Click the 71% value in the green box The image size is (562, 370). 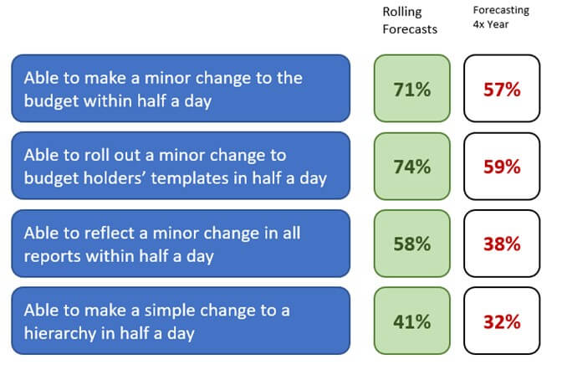click(411, 90)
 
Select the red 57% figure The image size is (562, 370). click(502, 90)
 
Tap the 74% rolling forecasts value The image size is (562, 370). click(411, 167)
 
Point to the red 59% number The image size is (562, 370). click(502, 167)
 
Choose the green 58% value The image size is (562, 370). click(411, 244)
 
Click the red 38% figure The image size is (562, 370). click(502, 244)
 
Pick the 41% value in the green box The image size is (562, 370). click(411, 321)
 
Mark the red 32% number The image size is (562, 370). click(502, 321)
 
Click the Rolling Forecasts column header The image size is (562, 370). click(410, 20)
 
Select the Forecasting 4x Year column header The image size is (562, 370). click(501, 18)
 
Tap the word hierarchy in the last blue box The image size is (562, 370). click(60, 333)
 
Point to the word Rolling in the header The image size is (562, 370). click(402, 12)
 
